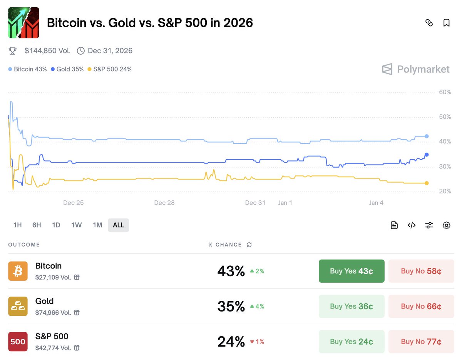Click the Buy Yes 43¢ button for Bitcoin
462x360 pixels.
coord(351,271)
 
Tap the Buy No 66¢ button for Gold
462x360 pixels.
coord(421,307)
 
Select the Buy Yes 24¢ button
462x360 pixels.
coord(351,342)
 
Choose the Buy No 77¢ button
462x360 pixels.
coord(421,342)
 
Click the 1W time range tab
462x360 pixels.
coord(76,225)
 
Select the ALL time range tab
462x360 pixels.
coord(118,225)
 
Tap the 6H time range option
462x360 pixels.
coord(37,225)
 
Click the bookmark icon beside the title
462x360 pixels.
coord(447,23)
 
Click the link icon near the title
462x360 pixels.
coord(429,23)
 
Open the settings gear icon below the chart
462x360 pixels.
coord(447,225)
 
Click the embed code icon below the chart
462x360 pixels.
coord(412,225)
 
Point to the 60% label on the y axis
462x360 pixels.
coord(445,92)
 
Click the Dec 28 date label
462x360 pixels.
coord(164,203)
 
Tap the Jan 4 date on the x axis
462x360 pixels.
coord(376,203)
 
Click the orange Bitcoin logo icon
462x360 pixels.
coord(18,271)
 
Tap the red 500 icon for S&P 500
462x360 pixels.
coord(18,342)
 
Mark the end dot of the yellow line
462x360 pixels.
coord(427,183)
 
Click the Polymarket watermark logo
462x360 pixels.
coord(416,69)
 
